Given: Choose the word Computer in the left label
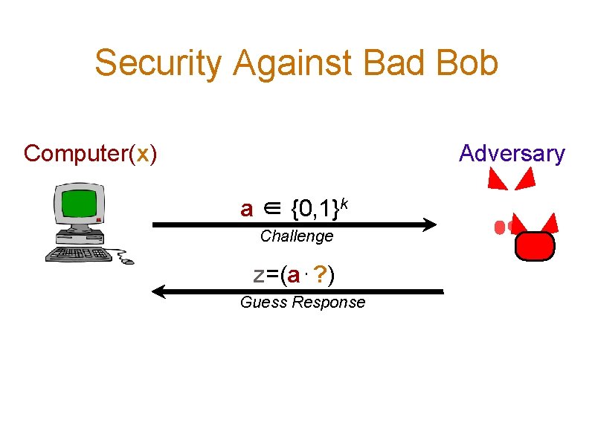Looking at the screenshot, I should click(x=75, y=154).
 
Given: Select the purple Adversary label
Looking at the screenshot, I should click(x=512, y=154).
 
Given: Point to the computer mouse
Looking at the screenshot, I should click(x=127, y=261).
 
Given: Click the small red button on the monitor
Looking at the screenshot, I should click(x=98, y=220).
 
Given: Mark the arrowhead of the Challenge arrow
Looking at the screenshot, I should click(x=428, y=224).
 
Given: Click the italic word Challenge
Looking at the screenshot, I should click(x=297, y=236).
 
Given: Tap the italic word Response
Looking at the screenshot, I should click(x=329, y=303).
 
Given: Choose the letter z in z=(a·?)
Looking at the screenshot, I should click(x=258, y=276).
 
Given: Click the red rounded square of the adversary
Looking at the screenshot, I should click(x=535, y=246).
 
